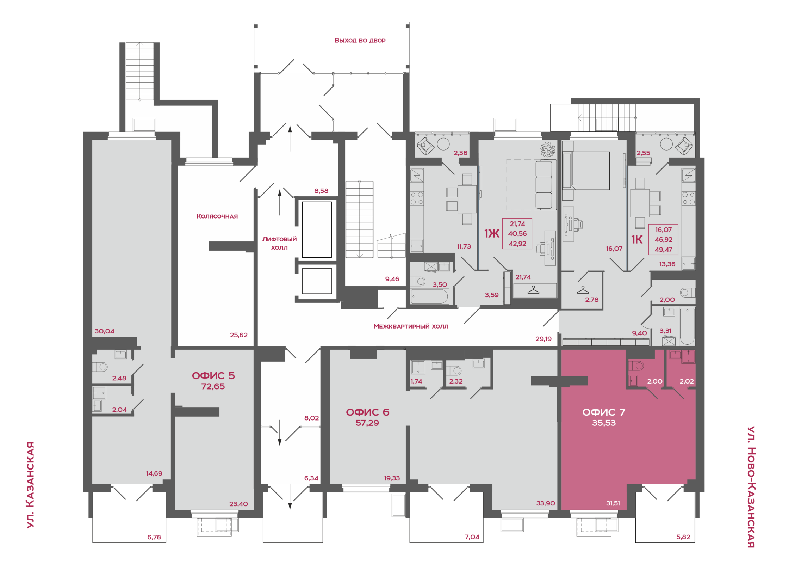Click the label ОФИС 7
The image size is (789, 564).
[x=603, y=412]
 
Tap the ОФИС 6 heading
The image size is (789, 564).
[x=367, y=412]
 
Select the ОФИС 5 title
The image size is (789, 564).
[x=213, y=375]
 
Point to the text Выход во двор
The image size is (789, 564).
[x=360, y=40]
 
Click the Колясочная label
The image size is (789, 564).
[x=217, y=216]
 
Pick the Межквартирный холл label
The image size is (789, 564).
[x=411, y=326]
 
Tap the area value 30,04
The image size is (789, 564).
[x=104, y=331]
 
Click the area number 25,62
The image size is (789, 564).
[x=238, y=335]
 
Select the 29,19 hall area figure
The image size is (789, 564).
[x=543, y=339]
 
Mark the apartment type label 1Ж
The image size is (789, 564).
[x=492, y=233]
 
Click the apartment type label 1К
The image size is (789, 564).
[x=636, y=239]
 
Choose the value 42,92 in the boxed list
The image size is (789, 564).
[x=517, y=244]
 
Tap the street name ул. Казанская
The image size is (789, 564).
[x=31, y=485]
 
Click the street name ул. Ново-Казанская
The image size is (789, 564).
[x=751, y=487]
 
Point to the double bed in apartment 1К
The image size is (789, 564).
[x=586, y=171]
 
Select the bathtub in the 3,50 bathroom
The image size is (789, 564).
[x=429, y=296]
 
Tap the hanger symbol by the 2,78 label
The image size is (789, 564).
[x=583, y=290]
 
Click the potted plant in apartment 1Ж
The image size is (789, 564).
[x=548, y=149]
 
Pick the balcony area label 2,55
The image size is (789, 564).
[x=643, y=153]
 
